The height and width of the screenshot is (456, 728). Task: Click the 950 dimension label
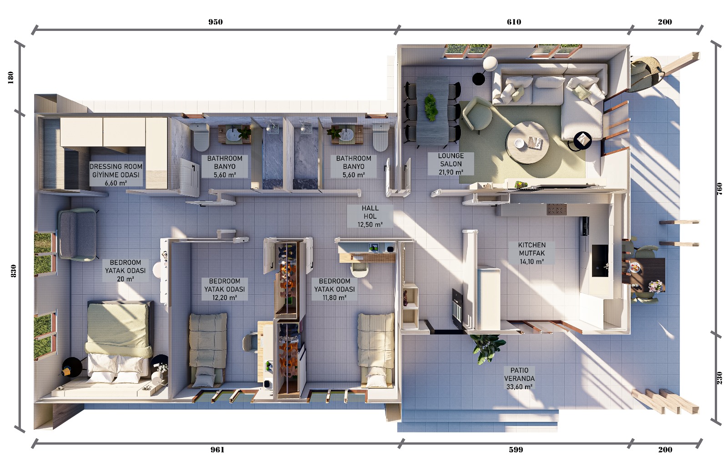[216, 22]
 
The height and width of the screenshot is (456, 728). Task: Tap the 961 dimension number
[217, 450]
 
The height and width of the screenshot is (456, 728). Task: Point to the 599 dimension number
[516, 450]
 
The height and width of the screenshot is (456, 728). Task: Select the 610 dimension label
[514, 22]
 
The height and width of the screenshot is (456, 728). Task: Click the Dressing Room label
[116, 175]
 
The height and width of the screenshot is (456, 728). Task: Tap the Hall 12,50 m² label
[370, 216]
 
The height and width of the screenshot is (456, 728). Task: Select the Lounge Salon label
[451, 164]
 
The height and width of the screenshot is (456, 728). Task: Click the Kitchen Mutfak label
[532, 253]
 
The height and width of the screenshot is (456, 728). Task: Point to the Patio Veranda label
[519, 378]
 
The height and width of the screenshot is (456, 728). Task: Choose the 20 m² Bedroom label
[126, 271]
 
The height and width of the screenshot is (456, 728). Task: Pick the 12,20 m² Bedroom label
[225, 289]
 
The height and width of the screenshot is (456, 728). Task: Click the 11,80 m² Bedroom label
[334, 289]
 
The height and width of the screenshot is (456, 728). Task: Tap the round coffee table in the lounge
[527, 143]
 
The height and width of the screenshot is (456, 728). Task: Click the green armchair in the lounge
[477, 114]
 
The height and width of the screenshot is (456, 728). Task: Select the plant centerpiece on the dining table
[431, 107]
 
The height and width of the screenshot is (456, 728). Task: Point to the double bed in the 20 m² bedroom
[119, 341]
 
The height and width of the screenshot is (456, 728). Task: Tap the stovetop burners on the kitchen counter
[557, 210]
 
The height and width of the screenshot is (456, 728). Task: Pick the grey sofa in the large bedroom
[77, 235]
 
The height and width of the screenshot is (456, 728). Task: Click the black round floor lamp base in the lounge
[478, 79]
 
